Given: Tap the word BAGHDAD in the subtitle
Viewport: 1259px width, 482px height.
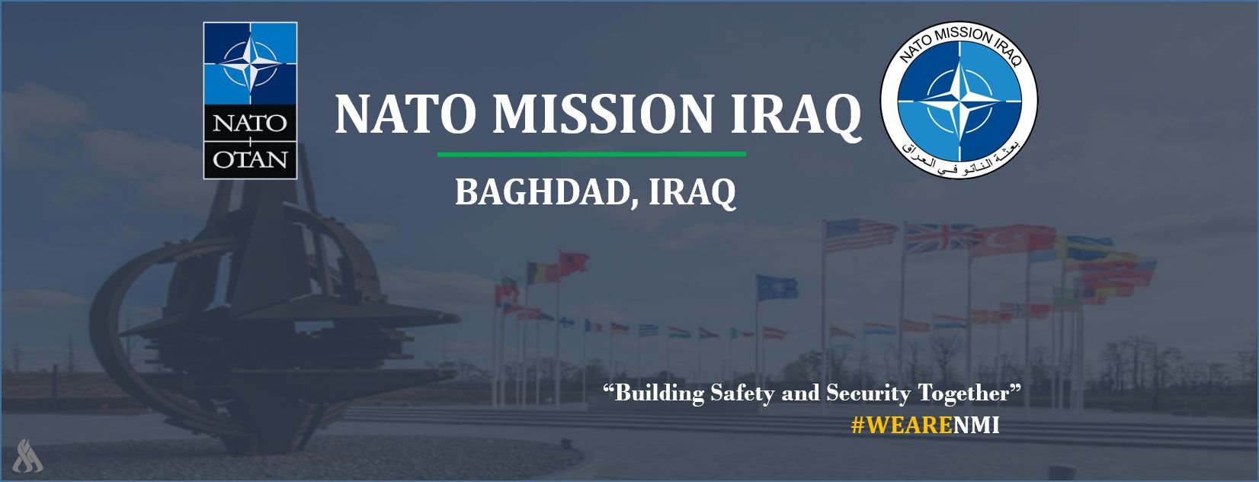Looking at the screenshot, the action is coord(543,192).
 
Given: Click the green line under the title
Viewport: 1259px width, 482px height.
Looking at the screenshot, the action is coord(591,153).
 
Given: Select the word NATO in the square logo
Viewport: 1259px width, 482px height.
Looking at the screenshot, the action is coord(249,123).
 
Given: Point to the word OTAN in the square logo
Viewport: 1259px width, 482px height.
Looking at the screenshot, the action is coord(249,159).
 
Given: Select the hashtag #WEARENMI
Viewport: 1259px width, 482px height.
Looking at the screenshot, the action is coord(925,426).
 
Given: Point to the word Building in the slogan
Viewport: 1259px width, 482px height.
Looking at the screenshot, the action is coord(659,393).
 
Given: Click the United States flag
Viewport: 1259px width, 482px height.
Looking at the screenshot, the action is coord(860,235).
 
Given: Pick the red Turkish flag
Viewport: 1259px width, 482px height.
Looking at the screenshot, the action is coord(1014,241).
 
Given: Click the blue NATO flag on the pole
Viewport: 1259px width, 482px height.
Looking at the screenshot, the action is coord(777,288).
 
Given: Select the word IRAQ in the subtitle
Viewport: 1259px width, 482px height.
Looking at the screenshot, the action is coord(692,193).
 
